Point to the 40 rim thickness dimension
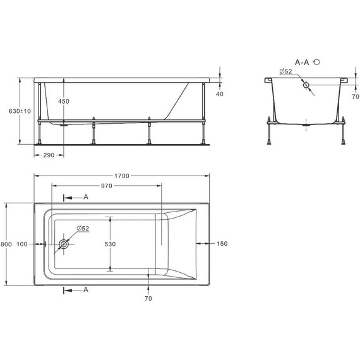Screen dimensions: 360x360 tap(220, 94)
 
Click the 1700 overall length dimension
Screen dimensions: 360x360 tap(123, 176)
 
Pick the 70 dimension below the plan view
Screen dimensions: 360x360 tap(148, 298)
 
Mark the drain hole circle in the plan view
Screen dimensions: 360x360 tap(63, 244)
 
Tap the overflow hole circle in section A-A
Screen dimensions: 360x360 tap(306, 85)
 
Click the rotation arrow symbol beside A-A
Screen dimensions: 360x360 tap(316, 63)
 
